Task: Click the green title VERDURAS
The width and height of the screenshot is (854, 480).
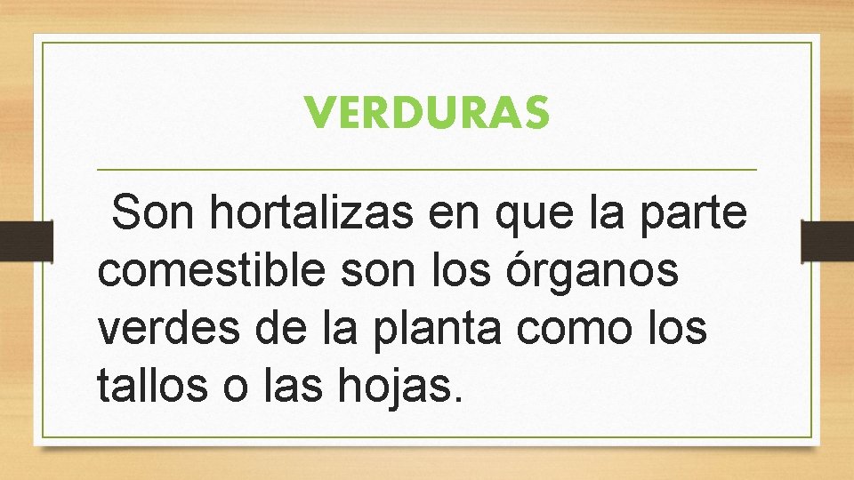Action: pos(427,113)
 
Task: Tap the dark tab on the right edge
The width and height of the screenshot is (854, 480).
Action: pos(826,241)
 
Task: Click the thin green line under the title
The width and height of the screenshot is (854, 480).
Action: pos(427,169)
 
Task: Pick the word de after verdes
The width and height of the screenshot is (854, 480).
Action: pos(265,329)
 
